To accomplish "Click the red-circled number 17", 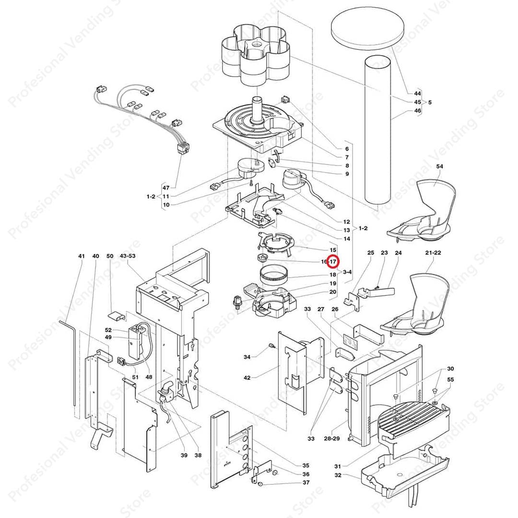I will click(x=333, y=262).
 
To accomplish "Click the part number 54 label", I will click(x=440, y=166).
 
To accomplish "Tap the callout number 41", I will click(x=81, y=257).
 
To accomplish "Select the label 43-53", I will click(x=128, y=257).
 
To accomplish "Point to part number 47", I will click(x=166, y=188).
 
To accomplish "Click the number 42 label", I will click(x=247, y=378).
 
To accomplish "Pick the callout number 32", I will click(x=338, y=475).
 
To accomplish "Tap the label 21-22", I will click(x=433, y=252).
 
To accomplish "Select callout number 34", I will click(x=247, y=357).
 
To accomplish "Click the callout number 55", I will click(x=450, y=379).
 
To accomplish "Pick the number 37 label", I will click(x=306, y=483).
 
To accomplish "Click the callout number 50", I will click(x=110, y=257).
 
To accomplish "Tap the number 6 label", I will click(x=346, y=149).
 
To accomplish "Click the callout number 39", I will click(x=184, y=455).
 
